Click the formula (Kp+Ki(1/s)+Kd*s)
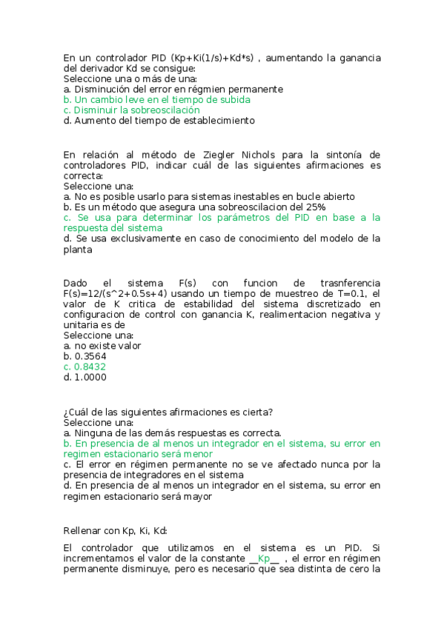211,57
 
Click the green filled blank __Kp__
264,558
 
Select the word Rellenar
82,530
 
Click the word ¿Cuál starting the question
77,412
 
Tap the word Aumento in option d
95,120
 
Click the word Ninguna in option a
93,432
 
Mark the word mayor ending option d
198,497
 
